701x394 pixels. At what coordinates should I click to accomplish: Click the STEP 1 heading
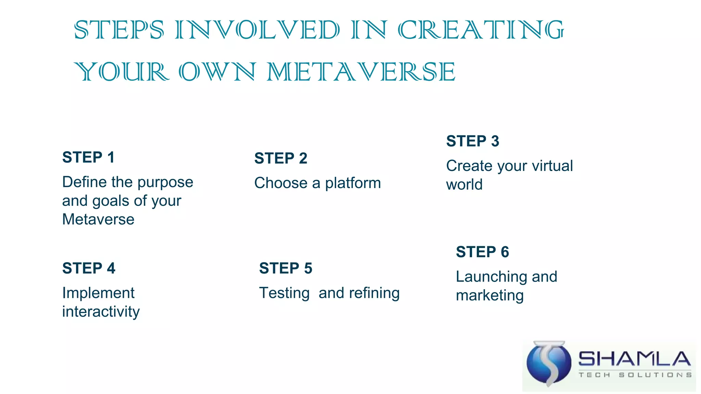pyautogui.click(x=88, y=158)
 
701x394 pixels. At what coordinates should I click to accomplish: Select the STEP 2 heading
pyautogui.click(x=281, y=158)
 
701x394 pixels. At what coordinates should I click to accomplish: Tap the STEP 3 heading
pyautogui.click(x=473, y=141)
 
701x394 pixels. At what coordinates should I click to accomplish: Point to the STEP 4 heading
pyautogui.click(x=89, y=268)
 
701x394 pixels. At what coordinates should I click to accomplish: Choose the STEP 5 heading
pyautogui.click(x=285, y=268)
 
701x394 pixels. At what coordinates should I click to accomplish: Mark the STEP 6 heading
pyautogui.click(x=482, y=252)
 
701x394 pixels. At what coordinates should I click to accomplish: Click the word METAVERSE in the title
pyautogui.click(x=361, y=72)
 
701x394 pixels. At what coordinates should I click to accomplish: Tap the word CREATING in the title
pyautogui.click(x=481, y=30)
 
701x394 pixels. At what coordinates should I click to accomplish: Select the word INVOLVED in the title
pyautogui.click(x=257, y=30)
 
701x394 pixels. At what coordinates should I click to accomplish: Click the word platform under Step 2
pyautogui.click(x=353, y=183)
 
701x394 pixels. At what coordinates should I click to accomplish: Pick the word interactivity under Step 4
pyautogui.click(x=101, y=312)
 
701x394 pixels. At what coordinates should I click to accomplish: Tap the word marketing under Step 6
pyautogui.click(x=489, y=295)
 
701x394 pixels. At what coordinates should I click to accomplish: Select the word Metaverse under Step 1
pyautogui.click(x=98, y=219)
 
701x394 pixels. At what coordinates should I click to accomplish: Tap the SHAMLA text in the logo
pyautogui.click(x=634, y=359)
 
